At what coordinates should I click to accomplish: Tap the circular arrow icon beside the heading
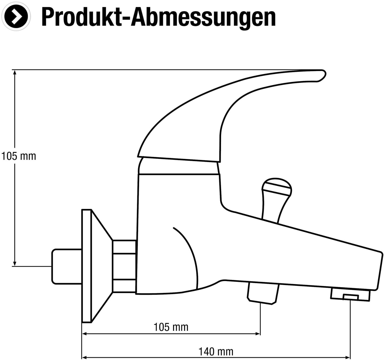(x=16, y=16)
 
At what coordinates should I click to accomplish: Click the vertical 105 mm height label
(x=19, y=156)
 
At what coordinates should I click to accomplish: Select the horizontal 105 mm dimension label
(x=171, y=327)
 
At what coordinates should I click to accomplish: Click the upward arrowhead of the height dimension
(x=15, y=72)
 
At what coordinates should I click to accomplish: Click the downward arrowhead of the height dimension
(x=15, y=264)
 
